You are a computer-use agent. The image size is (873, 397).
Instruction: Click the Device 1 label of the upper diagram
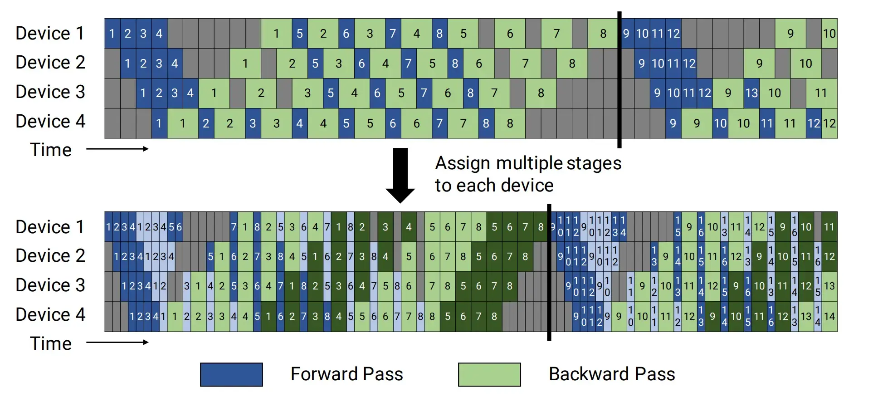pos(50,33)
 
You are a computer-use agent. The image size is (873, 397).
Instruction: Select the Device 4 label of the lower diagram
pos(50,314)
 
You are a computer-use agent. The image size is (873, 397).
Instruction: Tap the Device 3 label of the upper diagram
pos(50,92)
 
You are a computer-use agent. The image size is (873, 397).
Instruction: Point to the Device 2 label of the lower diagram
pos(50,255)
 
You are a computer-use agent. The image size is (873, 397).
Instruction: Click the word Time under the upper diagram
pos(50,150)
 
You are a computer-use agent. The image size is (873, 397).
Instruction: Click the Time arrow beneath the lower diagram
pos(117,342)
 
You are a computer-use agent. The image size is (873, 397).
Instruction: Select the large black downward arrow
pos(400,175)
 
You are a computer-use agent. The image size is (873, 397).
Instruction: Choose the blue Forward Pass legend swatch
pos(231,374)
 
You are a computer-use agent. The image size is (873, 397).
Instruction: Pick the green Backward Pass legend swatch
pos(489,374)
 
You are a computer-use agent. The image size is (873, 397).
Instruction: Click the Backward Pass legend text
pos(611,374)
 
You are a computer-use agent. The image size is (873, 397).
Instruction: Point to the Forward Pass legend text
pos(346,374)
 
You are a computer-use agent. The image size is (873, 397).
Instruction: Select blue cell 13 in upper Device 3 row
pos(751,93)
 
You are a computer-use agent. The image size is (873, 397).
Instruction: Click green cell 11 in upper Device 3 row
pos(821,93)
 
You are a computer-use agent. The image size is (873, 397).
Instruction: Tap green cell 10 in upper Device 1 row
pos(829,33)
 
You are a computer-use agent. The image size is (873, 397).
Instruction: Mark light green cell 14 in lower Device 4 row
pos(829,316)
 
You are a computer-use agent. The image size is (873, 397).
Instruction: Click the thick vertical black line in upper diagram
pos(619,79)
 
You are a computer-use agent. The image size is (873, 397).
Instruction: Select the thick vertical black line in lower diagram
pos(549,272)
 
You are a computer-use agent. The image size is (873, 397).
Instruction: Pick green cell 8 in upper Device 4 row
pos(510,123)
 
